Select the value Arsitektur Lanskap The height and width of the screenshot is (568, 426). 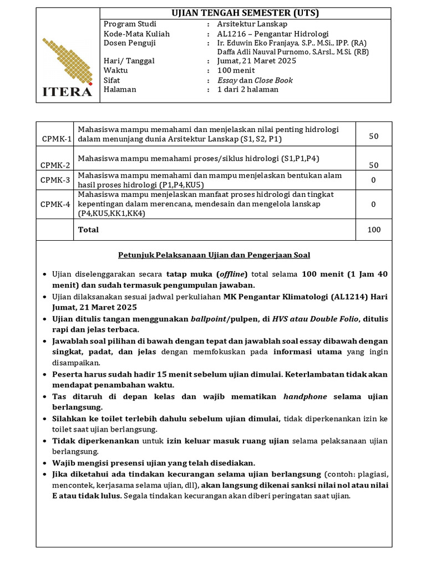(245, 24)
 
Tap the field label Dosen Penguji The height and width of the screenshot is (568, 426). (129, 43)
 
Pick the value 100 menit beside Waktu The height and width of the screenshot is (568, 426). (236, 70)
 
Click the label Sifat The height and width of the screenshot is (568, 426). (113, 80)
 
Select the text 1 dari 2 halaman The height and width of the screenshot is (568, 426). (247, 89)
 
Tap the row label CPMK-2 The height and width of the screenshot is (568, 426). (55, 165)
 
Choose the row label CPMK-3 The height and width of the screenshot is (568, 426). (55, 180)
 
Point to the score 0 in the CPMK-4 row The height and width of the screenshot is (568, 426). (373, 204)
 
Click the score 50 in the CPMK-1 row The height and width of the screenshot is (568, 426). (373, 136)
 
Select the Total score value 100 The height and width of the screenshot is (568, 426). (373, 230)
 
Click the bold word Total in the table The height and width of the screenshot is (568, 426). (88, 230)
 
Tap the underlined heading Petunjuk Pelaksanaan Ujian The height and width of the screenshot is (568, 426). (214, 255)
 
